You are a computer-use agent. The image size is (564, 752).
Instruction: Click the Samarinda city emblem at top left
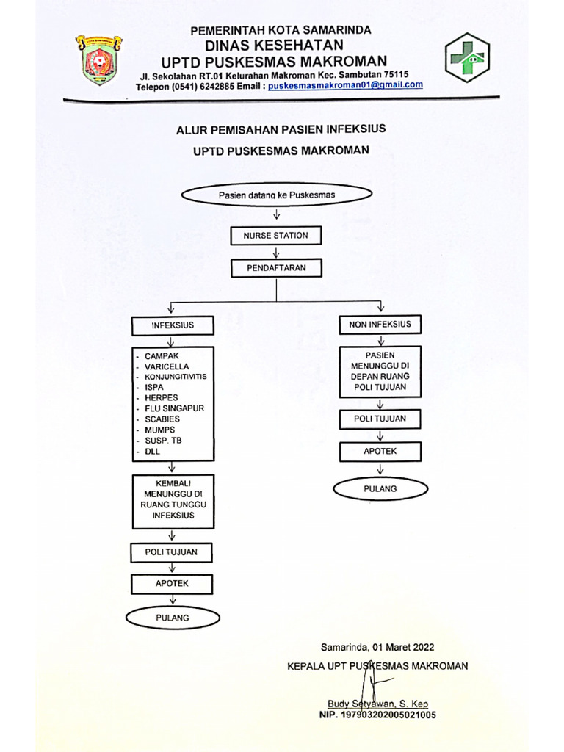click(x=97, y=59)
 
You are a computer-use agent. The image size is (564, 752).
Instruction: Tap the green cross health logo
click(x=468, y=57)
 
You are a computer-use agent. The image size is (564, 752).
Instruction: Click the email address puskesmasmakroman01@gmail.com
click(x=345, y=85)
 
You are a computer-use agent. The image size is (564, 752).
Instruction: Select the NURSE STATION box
click(x=275, y=236)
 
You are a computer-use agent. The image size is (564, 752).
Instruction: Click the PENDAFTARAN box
click(x=275, y=268)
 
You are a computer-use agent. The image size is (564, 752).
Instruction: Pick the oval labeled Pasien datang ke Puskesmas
click(x=276, y=195)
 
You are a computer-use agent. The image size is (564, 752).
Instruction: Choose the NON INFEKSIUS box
click(x=380, y=324)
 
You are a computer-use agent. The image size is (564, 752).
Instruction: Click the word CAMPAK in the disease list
click(x=162, y=355)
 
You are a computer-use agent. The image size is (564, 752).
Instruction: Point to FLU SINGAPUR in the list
click(x=174, y=408)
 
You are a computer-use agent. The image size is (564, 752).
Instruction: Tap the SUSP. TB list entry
click(x=162, y=440)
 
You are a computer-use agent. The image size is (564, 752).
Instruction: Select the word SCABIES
click(x=162, y=419)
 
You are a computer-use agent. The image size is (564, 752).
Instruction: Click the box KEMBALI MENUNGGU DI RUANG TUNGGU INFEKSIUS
click(x=173, y=501)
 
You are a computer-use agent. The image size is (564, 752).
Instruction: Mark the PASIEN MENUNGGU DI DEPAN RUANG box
click(x=380, y=371)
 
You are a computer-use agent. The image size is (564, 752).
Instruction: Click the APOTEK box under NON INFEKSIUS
click(x=380, y=451)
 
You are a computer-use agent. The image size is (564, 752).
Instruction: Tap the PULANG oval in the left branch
click(x=173, y=618)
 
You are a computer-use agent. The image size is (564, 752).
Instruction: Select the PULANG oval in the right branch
click(x=380, y=488)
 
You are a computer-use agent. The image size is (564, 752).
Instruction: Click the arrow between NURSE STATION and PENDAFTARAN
click(x=276, y=252)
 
